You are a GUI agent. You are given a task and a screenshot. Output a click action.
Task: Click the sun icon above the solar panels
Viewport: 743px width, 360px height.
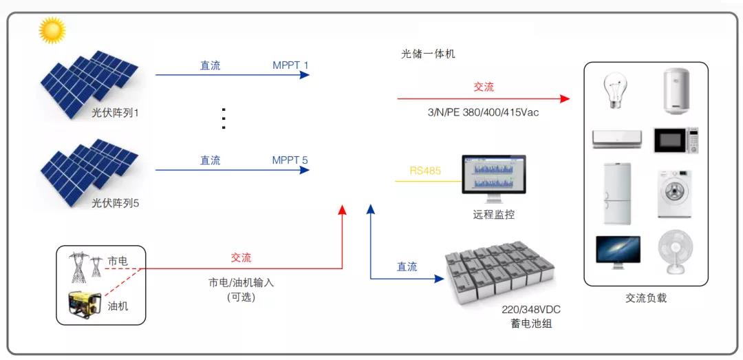tap(52, 30)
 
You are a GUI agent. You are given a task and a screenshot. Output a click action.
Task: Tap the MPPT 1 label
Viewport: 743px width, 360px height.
tap(290, 65)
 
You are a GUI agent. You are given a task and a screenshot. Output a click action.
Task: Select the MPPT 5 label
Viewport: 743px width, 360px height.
tap(290, 160)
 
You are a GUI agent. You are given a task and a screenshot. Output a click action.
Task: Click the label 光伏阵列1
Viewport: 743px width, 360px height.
tap(116, 112)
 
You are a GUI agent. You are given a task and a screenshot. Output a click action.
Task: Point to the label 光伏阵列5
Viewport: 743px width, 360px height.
tap(116, 203)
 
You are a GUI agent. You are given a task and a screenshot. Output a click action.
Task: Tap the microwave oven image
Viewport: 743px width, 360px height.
tap(676, 140)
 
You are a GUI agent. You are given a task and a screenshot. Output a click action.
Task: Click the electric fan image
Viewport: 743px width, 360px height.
tap(674, 252)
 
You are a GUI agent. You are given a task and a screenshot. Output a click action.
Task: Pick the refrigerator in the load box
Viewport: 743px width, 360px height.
tap(616, 193)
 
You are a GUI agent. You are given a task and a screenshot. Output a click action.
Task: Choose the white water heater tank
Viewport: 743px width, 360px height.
tap(676, 91)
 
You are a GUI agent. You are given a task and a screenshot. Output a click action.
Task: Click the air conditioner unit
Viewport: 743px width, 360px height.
tap(617, 138)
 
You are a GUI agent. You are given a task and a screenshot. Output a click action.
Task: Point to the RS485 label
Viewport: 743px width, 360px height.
tap(425, 171)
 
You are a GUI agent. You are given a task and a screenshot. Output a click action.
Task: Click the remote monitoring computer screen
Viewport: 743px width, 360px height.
tap(493, 176)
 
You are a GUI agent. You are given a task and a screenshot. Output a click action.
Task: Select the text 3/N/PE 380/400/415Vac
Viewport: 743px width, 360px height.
tap(484, 112)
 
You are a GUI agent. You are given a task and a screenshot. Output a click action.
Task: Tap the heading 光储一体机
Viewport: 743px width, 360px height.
tap(428, 53)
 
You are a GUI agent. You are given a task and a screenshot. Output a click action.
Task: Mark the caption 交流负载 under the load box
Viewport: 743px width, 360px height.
tap(646, 298)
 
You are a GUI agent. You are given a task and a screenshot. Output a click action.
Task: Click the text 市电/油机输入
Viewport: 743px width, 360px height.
tap(241, 283)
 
